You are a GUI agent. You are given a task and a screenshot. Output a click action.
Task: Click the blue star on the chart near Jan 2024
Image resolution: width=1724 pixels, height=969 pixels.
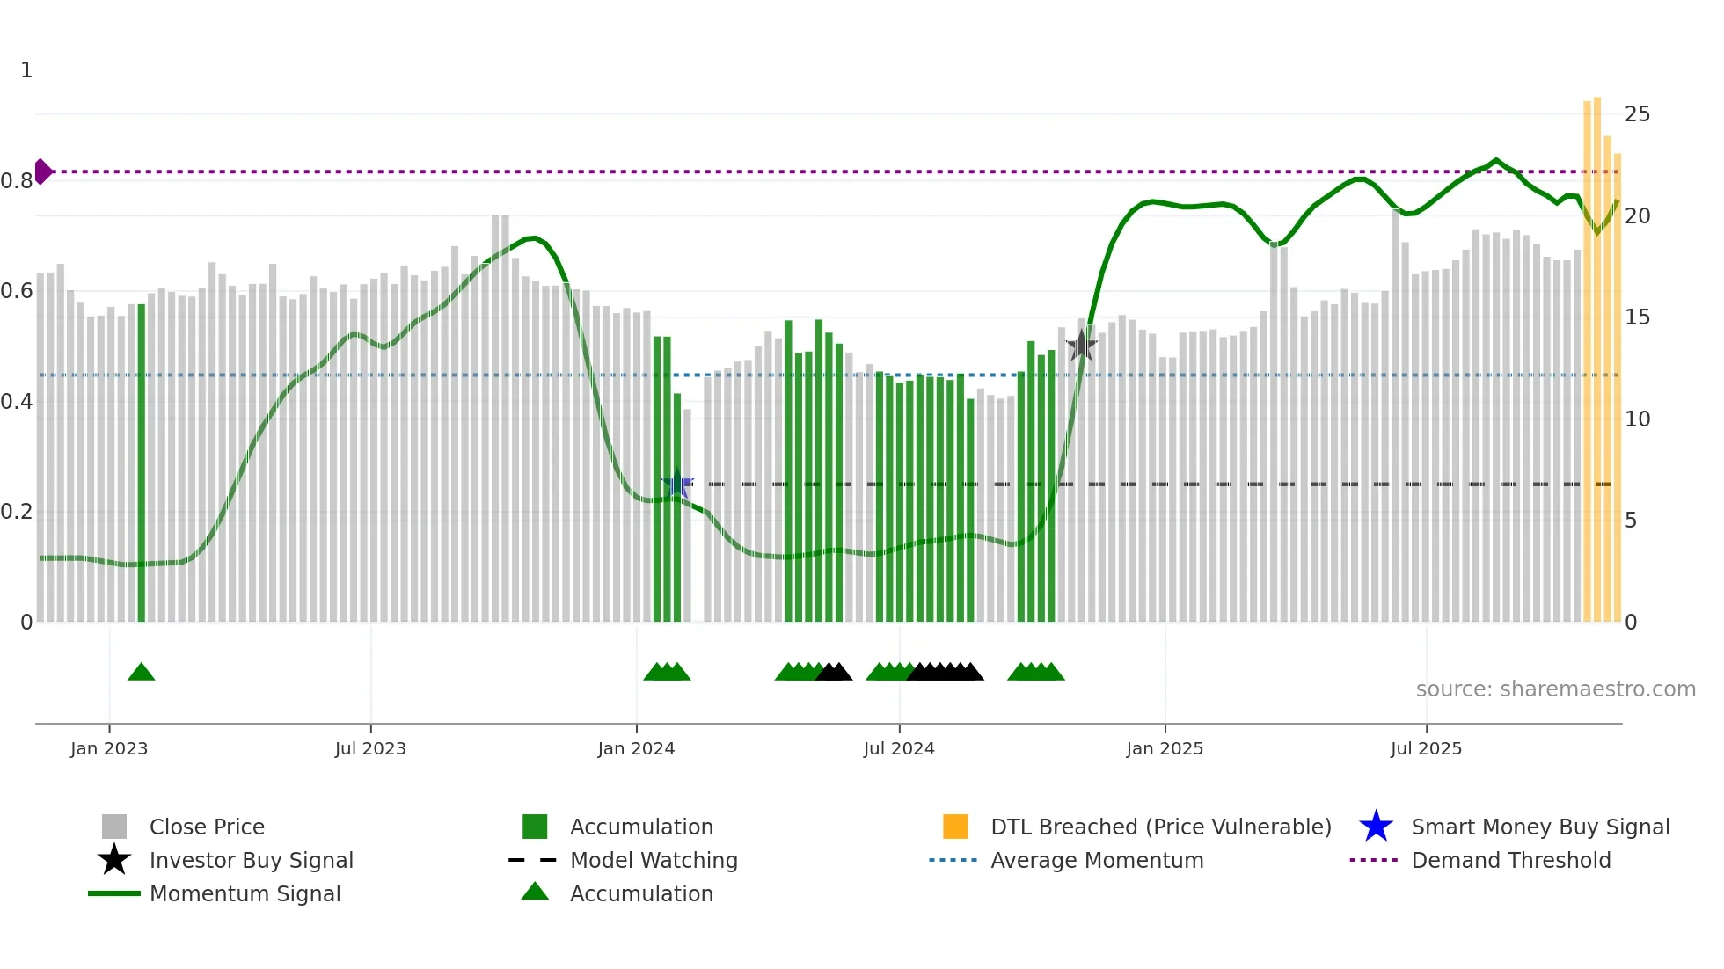pos(677,484)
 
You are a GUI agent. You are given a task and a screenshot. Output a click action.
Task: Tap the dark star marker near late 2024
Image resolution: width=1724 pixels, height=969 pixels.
pos(1081,346)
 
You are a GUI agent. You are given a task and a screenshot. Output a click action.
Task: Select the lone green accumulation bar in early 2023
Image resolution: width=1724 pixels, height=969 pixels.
pos(142,463)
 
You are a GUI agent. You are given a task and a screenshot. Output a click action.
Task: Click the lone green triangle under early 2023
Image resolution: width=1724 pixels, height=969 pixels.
pos(141,673)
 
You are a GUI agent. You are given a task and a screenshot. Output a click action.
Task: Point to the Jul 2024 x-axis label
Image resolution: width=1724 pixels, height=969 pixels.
pos(899,748)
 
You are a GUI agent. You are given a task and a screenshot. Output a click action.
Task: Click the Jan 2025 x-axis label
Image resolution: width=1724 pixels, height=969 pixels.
pos(1165,748)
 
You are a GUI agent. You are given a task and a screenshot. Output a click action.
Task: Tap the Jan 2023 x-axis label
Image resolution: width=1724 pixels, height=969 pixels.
pos(109,748)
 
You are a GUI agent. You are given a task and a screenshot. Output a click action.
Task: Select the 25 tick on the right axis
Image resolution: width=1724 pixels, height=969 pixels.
pos(1637,114)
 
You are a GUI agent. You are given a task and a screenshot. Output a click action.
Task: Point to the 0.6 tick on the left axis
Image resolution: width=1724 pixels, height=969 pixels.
pos(17,291)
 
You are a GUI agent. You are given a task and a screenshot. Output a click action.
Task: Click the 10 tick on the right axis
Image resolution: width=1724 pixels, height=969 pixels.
pos(1637,419)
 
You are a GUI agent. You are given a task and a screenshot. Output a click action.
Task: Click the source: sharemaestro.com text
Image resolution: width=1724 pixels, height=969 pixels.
pos(1555,689)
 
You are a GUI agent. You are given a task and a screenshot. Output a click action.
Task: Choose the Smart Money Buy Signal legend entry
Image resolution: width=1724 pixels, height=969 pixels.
pos(1539,827)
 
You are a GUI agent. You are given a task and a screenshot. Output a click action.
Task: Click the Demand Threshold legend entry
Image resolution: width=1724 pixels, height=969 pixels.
pos(1510,860)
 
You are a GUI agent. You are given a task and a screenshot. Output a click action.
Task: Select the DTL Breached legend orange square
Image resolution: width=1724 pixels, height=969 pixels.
pos(955,827)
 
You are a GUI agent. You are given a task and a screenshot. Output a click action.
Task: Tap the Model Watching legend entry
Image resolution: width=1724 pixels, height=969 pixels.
pos(653,860)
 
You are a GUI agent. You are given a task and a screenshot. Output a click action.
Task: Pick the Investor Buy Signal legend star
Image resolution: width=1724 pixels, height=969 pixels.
pos(114,860)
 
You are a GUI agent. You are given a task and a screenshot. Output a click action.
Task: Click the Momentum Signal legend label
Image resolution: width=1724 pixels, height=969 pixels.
pos(245,893)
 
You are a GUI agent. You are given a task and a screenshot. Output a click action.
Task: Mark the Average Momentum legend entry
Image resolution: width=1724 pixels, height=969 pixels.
pos(1096,860)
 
